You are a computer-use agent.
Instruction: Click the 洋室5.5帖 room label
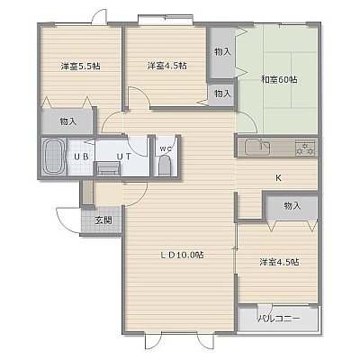(80, 66)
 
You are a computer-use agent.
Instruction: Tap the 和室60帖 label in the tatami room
(279, 80)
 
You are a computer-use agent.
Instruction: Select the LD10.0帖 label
(182, 255)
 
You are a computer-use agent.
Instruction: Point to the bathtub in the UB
(54, 157)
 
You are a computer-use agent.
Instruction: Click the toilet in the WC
(165, 166)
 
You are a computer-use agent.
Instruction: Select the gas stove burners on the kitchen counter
(305, 148)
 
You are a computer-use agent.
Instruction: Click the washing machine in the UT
(108, 168)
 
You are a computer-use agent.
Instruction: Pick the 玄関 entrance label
(103, 220)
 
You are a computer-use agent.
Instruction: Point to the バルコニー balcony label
(279, 319)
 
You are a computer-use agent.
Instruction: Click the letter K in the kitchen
(278, 178)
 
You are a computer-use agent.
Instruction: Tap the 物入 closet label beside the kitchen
(292, 206)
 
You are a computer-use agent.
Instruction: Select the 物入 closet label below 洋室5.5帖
(68, 121)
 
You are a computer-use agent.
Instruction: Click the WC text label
(165, 148)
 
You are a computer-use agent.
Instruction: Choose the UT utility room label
(123, 157)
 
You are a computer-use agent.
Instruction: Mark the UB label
(81, 157)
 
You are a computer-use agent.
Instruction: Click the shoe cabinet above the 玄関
(87, 193)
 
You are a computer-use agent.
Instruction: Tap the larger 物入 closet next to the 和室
(222, 52)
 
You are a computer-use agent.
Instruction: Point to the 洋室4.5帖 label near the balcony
(279, 262)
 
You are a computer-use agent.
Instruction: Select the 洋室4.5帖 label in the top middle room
(166, 66)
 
